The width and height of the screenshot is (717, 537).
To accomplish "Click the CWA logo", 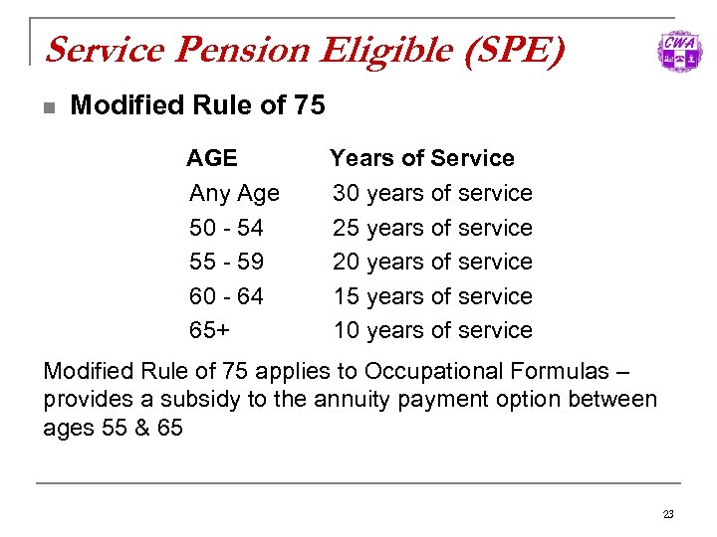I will [679, 51].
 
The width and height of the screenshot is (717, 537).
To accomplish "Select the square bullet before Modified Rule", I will [49, 105].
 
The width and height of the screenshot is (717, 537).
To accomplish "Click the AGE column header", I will [212, 158].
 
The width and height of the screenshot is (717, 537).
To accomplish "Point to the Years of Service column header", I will [422, 158].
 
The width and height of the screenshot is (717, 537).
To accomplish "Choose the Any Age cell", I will [234, 193].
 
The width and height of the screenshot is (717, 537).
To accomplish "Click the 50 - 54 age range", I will [226, 228].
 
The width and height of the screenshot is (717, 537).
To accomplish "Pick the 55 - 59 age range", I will [226, 262].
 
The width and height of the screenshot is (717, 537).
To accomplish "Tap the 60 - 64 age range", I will [226, 296].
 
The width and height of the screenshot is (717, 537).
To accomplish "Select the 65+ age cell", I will [209, 330].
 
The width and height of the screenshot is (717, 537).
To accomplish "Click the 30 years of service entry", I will [432, 193].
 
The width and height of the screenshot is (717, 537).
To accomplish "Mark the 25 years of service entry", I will [432, 228].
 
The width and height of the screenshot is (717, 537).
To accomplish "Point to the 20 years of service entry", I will [432, 262].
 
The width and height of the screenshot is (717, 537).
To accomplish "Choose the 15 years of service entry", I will [432, 296].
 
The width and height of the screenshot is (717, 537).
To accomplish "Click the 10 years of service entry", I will [432, 330].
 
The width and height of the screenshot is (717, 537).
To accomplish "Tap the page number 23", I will [668, 514].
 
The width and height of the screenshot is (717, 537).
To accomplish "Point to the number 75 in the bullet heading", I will [310, 104].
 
